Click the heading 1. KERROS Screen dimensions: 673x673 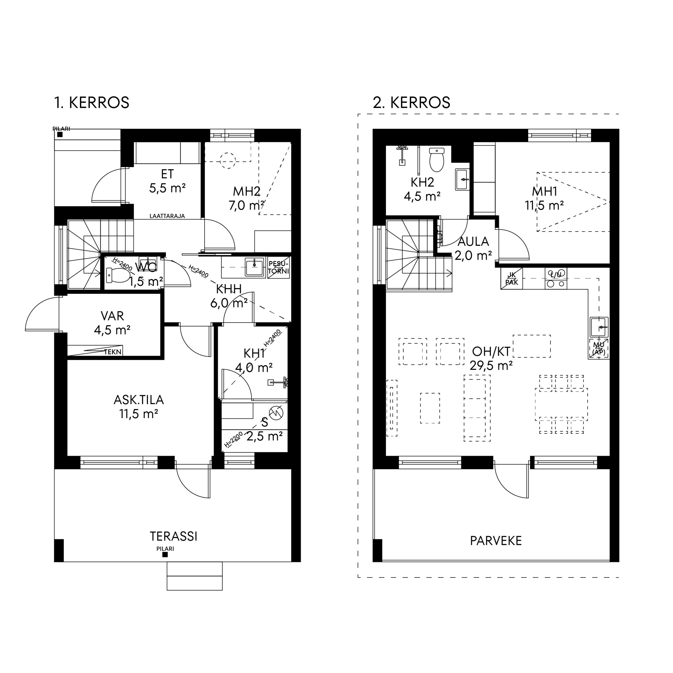pyautogui.click(x=91, y=103)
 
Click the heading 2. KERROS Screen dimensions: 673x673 pyautogui.click(x=411, y=103)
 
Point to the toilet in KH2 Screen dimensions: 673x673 pyautogui.click(x=437, y=160)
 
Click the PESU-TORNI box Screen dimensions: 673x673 pyautogui.click(x=279, y=268)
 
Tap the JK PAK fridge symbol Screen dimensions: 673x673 pyautogui.click(x=511, y=279)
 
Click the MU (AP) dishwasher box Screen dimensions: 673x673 pyautogui.click(x=599, y=349)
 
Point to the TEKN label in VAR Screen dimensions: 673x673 pyautogui.click(x=113, y=352)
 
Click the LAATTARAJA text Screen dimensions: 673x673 pyautogui.click(x=167, y=216)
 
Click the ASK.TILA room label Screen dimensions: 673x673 pyautogui.click(x=139, y=400)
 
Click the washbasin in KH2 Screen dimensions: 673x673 pyautogui.click(x=462, y=179)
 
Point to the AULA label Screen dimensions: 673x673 pyautogui.click(x=473, y=241)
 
